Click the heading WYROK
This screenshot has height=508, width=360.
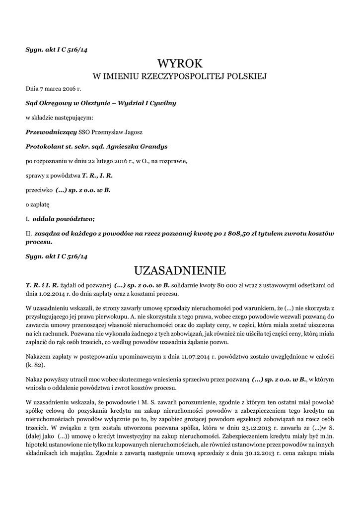(180, 63)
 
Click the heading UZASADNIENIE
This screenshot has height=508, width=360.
(180, 270)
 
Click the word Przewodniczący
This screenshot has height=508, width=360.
(51, 132)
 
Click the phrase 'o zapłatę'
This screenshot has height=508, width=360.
(38, 204)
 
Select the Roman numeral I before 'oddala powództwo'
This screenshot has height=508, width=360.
(27, 218)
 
